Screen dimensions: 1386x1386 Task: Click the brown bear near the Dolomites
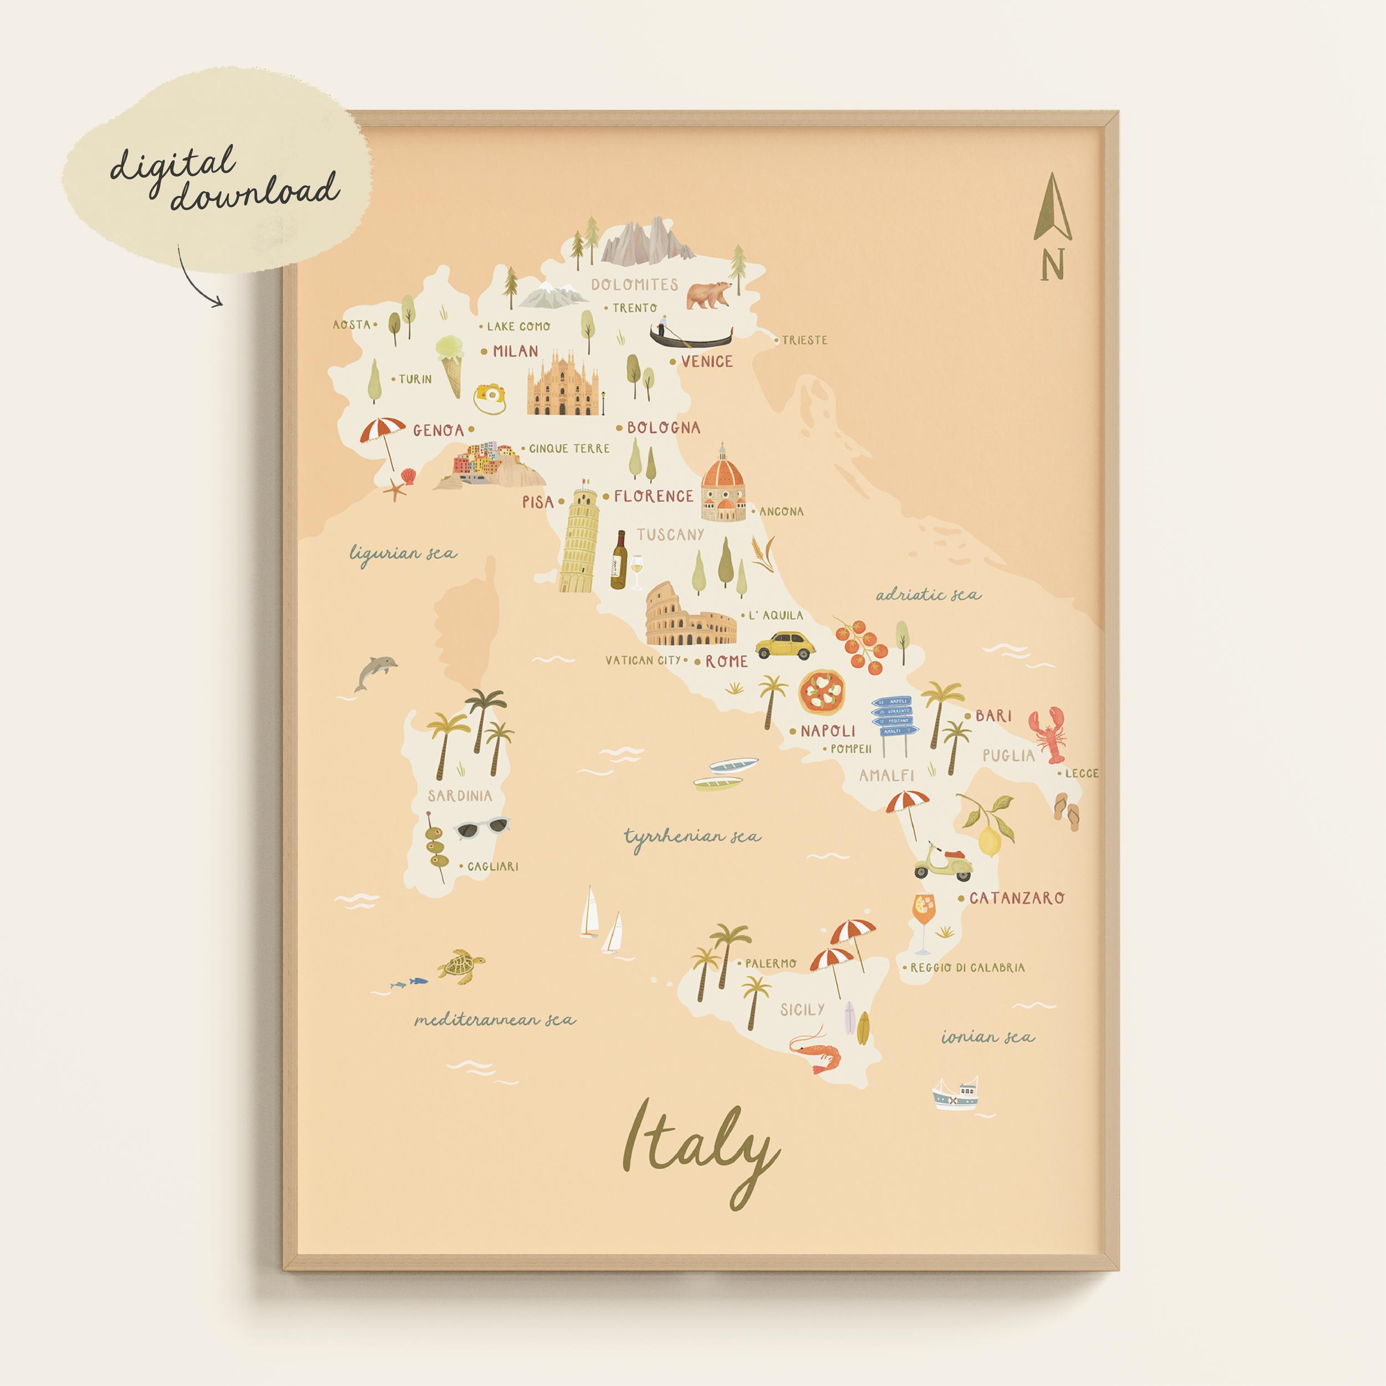[x=708, y=294]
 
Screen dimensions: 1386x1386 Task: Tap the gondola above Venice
[x=691, y=335]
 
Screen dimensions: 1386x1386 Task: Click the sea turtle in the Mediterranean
[x=461, y=965]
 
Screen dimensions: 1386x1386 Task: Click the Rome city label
[x=726, y=661]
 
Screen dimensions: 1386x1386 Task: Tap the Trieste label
[x=804, y=340]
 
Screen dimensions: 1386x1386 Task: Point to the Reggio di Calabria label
[x=967, y=968]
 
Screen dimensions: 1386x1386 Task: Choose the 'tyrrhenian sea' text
[x=691, y=837]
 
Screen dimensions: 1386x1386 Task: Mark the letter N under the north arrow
[x=1052, y=264]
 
